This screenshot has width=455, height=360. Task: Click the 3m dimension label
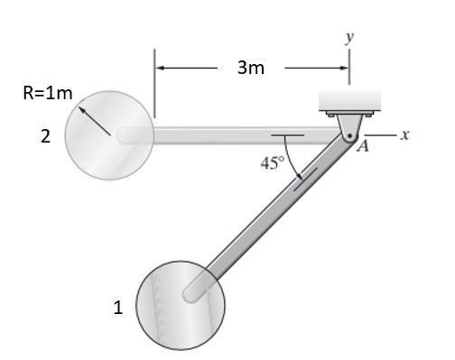[251, 68]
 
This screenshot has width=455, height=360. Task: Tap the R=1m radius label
[48, 93]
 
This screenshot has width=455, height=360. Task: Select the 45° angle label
[273, 163]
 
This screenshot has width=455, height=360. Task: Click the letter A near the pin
[363, 147]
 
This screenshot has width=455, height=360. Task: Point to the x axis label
[405, 134]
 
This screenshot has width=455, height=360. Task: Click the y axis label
[349, 37]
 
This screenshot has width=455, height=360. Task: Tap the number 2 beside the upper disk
[45, 136]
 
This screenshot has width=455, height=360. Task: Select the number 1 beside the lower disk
[118, 308]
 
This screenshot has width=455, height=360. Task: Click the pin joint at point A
[349, 136]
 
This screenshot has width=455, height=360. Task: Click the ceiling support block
[349, 100]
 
